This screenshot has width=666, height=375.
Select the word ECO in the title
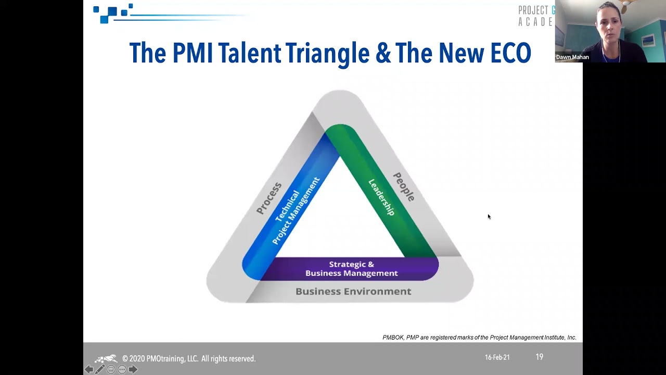510,53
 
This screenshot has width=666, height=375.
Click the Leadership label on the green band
381,197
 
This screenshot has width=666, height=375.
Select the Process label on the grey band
269,198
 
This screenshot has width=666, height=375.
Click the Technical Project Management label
296,211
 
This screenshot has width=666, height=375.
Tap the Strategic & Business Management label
351,269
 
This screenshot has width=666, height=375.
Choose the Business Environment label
353,292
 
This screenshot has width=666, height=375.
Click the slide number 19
539,357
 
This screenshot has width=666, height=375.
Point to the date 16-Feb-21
497,358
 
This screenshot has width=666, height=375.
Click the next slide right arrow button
133,369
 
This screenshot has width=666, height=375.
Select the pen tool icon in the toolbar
100,369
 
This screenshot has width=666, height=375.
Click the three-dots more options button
122,369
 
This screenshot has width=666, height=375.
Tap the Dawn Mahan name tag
572,57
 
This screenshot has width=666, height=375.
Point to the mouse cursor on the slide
489,217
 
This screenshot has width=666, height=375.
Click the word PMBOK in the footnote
393,337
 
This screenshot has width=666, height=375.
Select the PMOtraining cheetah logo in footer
107,359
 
